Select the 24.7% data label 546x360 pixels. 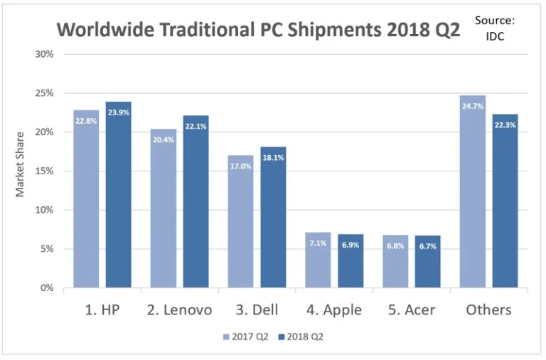pos(473,107)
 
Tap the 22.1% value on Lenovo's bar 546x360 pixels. pos(196,127)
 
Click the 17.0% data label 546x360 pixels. pos(240,166)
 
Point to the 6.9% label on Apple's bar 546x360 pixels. pos(350,245)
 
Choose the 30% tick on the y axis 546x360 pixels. pos(46,54)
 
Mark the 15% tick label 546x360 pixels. pos(46,171)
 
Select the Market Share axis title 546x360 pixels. pos(21,164)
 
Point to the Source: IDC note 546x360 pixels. pos(495,28)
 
